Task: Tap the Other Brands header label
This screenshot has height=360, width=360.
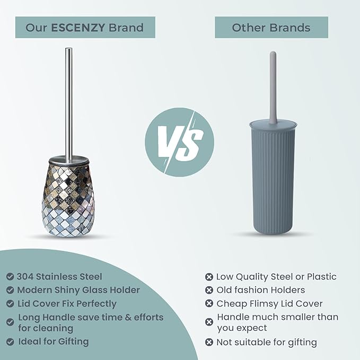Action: click(271, 27)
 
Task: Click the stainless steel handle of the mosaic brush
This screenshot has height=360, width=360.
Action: click(69, 101)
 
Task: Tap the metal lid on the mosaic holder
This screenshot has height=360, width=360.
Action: click(69, 159)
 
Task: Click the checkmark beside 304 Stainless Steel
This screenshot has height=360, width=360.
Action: click(10, 276)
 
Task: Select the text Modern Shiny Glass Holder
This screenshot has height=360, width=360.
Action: click(78, 290)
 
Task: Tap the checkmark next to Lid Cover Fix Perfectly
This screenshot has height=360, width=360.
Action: click(10, 304)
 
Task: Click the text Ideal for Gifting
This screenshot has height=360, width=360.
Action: click(54, 341)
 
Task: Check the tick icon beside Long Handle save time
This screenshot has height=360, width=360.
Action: click(10, 322)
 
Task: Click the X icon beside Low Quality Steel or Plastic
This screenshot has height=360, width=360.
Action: click(209, 276)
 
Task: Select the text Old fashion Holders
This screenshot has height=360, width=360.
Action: click(261, 290)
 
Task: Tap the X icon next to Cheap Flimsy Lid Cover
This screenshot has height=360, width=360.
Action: click(209, 304)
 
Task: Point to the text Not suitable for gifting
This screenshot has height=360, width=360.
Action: click(267, 342)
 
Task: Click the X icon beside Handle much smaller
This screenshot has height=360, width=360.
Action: click(209, 322)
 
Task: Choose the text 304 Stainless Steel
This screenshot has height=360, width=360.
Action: click(59, 276)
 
